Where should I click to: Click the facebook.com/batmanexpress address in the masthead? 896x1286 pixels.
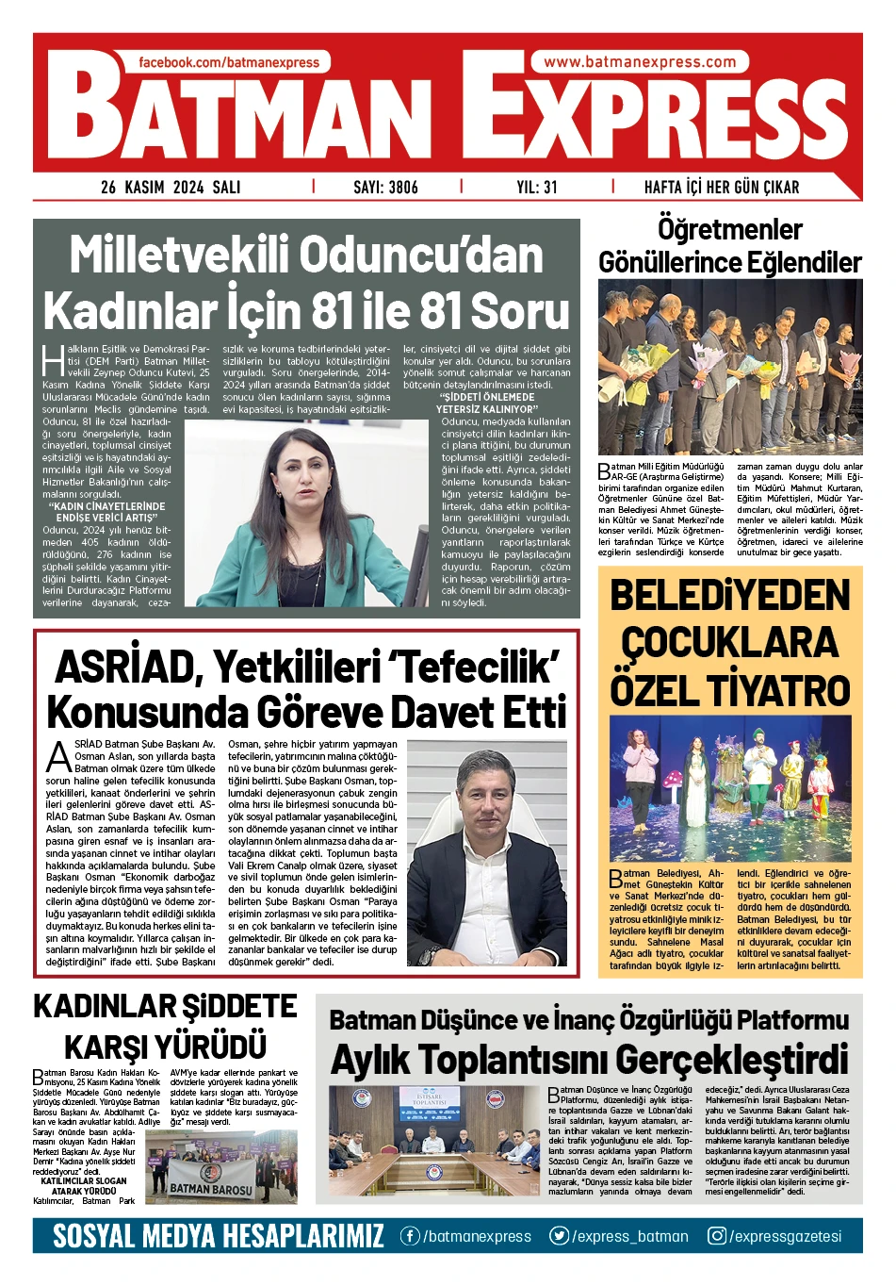tap(229, 62)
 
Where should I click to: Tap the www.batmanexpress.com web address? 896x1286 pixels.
tap(640, 62)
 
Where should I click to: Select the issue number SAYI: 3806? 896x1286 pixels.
tap(385, 187)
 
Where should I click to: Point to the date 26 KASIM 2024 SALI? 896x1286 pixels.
tap(171, 187)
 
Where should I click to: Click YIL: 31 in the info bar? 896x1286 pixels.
tap(537, 187)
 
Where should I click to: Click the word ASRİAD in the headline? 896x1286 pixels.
tap(123, 668)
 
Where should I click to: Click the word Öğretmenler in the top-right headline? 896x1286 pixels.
tap(730, 229)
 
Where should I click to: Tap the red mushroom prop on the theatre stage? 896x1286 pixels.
tap(673, 779)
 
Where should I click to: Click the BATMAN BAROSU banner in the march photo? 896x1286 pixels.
tap(210, 1189)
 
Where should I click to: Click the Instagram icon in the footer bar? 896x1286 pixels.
tap(717, 1236)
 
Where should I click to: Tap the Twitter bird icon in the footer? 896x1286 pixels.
tap(560, 1236)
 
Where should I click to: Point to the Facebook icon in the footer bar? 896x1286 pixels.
tap(410, 1236)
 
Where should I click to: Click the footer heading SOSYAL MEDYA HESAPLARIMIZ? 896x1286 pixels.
tap(219, 1236)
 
